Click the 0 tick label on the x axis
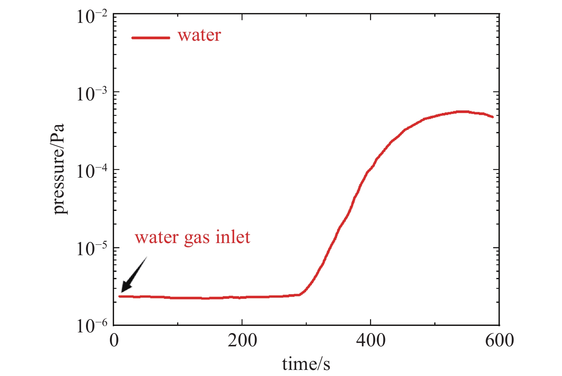point(114,341)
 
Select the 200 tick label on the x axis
point(242,341)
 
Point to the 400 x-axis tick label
point(371,341)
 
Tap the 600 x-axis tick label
point(499,341)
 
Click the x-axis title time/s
point(306,364)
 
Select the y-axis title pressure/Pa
point(59,169)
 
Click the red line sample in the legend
point(151,38)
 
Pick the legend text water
point(199,35)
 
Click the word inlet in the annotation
point(233,237)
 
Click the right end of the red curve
point(493,117)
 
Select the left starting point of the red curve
point(120,296)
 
